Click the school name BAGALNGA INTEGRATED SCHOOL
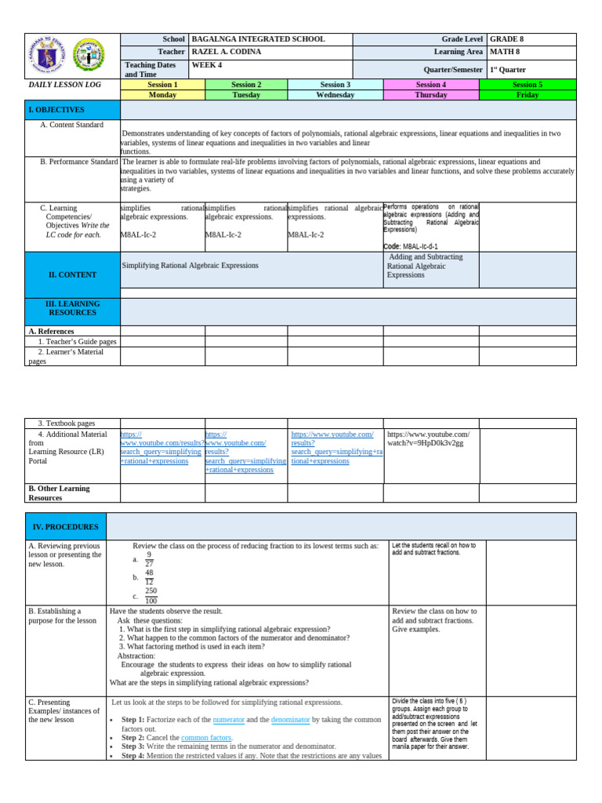(x=258, y=39)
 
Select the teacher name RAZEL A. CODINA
(x=227, y=52)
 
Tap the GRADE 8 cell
(x=510, y=39)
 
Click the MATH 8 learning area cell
(x=505, y=52)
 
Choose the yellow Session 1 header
(x=162, y=85)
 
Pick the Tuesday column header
(x=246, y=95)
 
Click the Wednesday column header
(x=335, y=95)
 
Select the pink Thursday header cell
(x=430, y=95)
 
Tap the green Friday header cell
(x=527, y=95)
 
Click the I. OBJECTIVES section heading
(x=56, y=110)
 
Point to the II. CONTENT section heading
(x=72, y=275)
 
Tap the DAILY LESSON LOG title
(x=62, y=84)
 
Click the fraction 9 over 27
(x=149, y=558)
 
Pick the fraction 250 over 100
(x=150, y=596)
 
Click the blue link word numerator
(x=228, y=719)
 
